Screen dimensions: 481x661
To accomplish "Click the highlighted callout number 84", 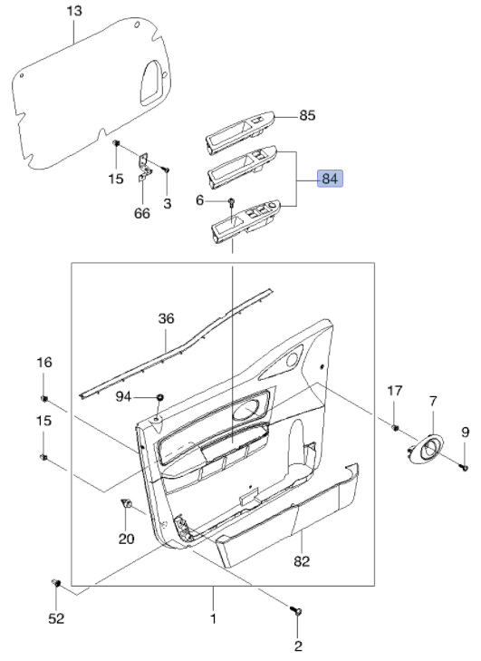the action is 331,179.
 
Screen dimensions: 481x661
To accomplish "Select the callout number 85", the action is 307,115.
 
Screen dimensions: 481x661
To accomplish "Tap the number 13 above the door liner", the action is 74,11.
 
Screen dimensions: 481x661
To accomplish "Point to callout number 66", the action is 142,213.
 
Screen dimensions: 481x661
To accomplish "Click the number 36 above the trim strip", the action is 166,318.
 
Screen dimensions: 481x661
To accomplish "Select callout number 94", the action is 123,396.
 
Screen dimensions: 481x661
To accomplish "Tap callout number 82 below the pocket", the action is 302,561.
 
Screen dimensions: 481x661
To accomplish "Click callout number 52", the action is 56,618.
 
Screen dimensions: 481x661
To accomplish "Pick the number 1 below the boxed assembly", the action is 213,618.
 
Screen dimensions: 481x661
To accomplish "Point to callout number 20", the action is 126,539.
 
